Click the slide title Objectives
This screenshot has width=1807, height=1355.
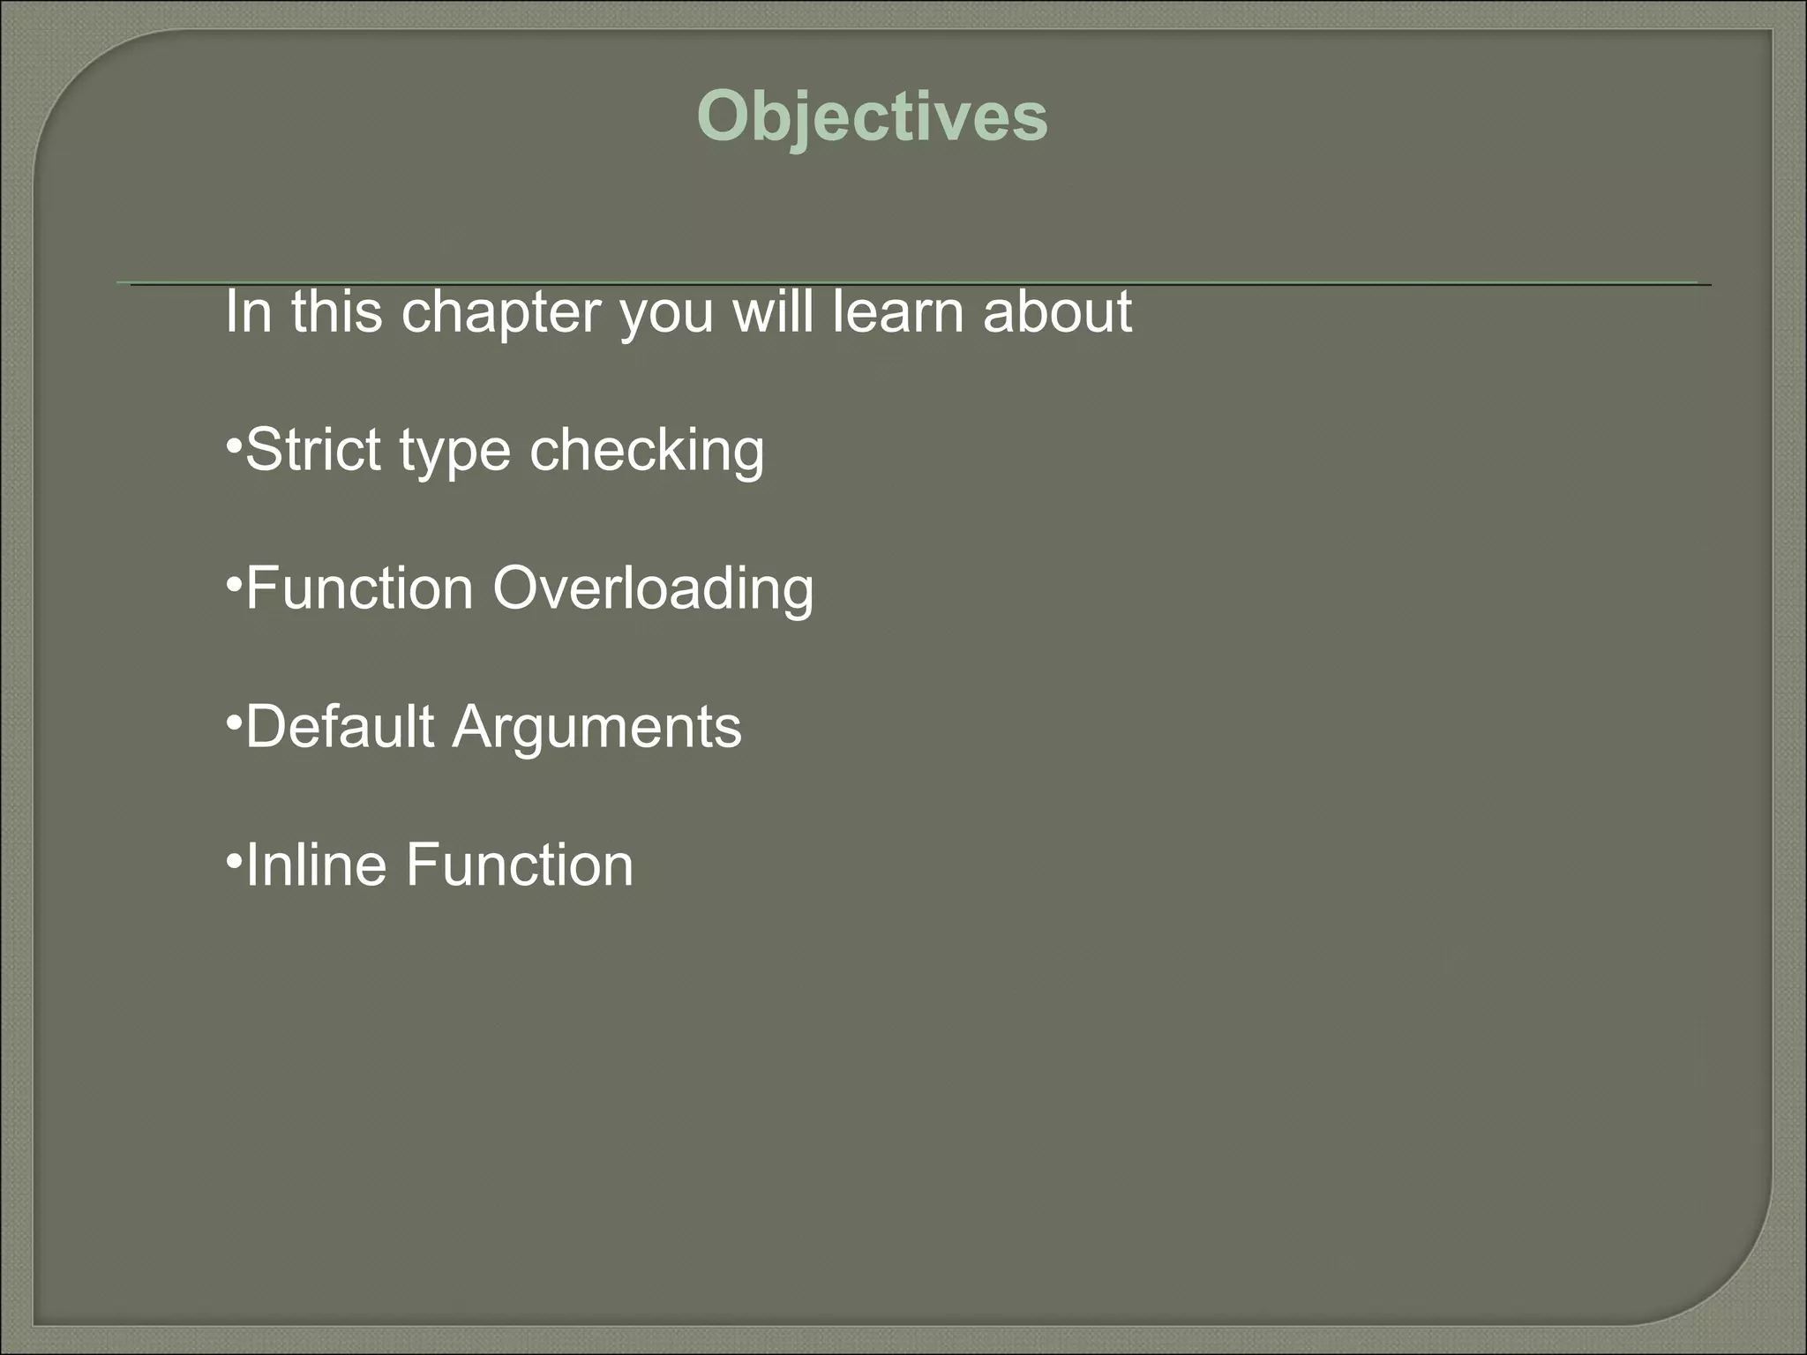click(872, 117)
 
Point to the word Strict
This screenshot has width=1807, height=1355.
click(315, 450)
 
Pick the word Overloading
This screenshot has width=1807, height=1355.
click(653, 589)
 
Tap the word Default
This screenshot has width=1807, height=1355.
click(340, 727)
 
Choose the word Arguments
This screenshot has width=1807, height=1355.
click(597, 729)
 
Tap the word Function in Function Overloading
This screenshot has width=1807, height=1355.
click(359, 589)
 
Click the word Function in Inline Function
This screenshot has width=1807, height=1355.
click(520, 865)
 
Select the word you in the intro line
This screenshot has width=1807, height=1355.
click(666, 315)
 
